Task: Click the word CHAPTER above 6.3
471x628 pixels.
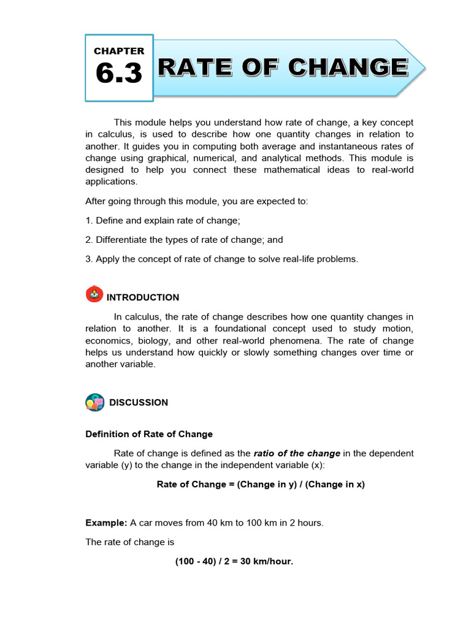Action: click(x=119, y=52)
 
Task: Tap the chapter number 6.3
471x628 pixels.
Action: click(x=119, y=74)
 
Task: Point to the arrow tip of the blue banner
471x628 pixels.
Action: click(x=423, y=67)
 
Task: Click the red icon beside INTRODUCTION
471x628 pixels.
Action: click(x=94, y=294)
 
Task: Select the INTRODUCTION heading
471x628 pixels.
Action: click(x=143, y=297)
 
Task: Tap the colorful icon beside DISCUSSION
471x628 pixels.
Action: click(x=94, y=402)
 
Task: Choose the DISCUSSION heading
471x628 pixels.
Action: click(x=139, y=403)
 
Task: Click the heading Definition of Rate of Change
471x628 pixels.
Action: click(x=149, y=434)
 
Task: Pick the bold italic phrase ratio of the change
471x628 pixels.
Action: click(x=297, y=453)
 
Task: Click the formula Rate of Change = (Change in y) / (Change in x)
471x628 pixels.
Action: click(x=261, y=484)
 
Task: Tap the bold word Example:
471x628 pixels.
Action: click(x=106, y=523)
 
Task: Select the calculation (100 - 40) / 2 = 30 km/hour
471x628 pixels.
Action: click(x=234, y=561)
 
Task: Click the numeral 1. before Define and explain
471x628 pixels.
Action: click(x=89, y=220)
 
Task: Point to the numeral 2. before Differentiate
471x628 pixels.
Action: click(x=89, y=240)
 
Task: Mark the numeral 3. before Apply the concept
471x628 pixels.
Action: click(x=89, y=259)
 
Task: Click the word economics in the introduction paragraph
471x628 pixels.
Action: click(x=110, y=341)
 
